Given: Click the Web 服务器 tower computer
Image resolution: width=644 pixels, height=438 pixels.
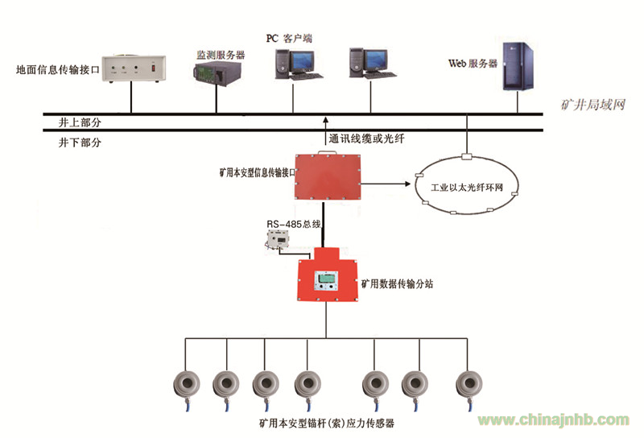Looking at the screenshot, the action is coord(518,66).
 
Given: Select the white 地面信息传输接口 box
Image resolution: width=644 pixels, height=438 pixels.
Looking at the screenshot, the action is coord(134,68).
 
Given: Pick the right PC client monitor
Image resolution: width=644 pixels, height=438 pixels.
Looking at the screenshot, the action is coord(376,60).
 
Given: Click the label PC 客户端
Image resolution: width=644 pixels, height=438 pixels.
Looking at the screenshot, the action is coord(289,39).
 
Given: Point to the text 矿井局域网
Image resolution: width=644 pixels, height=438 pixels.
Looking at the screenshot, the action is coord(592,105).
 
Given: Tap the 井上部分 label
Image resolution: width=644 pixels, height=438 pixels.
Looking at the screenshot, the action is coord(80,122).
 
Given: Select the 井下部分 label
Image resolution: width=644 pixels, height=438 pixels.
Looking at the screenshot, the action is coord(80,143).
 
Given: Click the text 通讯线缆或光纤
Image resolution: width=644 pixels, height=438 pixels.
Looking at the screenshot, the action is coord(367,138).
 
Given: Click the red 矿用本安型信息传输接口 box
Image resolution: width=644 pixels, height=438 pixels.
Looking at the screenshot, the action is coord(328,176).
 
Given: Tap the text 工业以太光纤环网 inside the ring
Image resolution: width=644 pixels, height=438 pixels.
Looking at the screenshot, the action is coord(467,188).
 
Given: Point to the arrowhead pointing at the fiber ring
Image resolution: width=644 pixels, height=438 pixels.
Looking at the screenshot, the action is coord(407,184).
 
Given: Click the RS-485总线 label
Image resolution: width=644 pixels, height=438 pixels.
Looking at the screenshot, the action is coord(294,224).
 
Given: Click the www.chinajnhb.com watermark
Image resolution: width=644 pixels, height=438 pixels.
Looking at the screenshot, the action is coord(553,419).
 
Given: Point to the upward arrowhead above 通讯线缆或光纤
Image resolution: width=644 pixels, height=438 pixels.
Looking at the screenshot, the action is coord(326,120).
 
